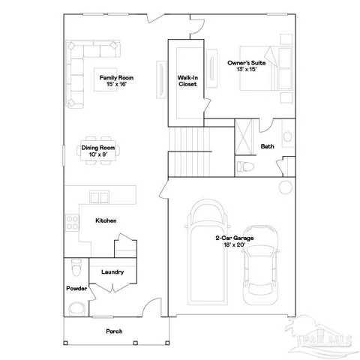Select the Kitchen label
tap(105, 220)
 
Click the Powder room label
tap(76, 289)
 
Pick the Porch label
tap(114, 331)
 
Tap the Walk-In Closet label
tap(187, 80)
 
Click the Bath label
tap(266, 146)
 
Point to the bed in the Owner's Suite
tap(266, 67)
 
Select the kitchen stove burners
tap(73, 222)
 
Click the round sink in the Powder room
tap(74, 307)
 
